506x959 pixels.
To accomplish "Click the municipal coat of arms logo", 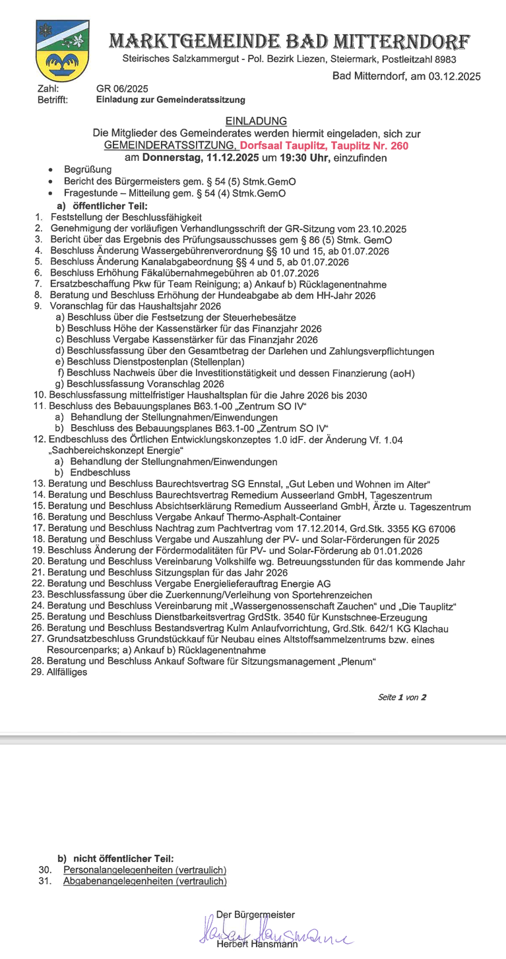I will click(62, 51).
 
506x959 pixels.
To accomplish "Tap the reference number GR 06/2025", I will click(122, 89).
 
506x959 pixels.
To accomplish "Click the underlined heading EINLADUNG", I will click(256, 121).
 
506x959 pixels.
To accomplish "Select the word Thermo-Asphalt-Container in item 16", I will click(285, 517).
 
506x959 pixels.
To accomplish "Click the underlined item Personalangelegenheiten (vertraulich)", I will click(144, 870).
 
